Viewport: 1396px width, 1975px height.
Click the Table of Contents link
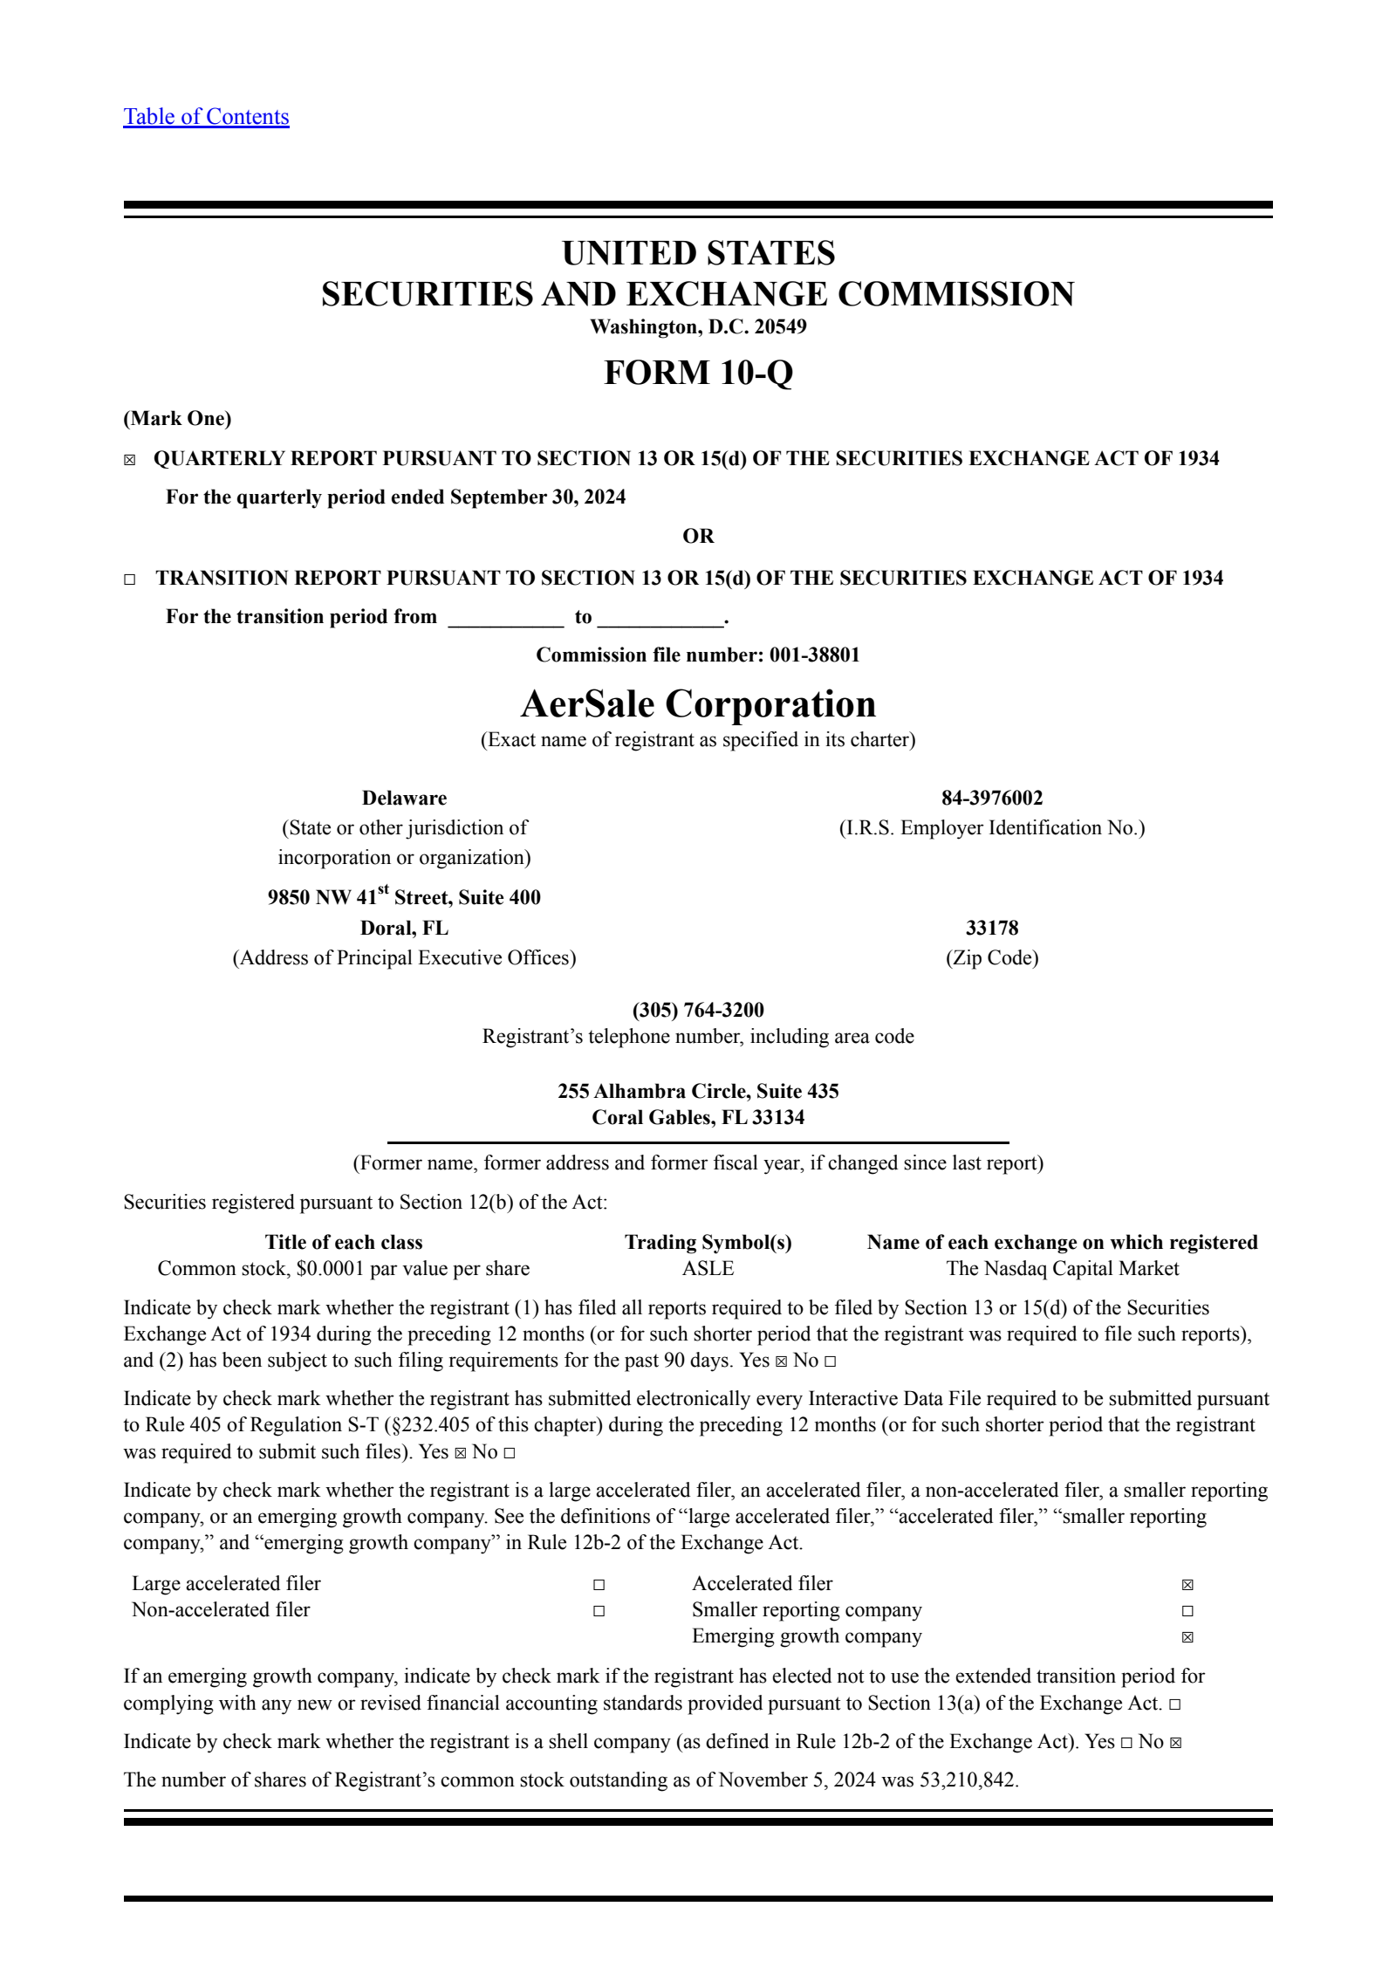pos(206,117)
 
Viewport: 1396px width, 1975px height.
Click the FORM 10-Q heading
pos(698,373)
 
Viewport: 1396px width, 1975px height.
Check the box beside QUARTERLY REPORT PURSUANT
pos(130,461)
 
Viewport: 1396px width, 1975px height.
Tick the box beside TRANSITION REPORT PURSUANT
pos(130,579)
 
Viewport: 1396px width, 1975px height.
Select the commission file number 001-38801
pos(814,655)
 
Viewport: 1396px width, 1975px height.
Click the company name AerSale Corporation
pos(698,704)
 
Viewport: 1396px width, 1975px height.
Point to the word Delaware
pos(404,798)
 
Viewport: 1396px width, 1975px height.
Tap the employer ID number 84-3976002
pos(991,798)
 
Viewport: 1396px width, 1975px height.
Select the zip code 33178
pos(991,928)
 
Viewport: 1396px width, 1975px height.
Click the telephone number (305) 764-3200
pos(698,1010)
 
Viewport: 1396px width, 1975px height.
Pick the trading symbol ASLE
pos(708,1268)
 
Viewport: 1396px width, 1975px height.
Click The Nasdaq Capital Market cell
pos(1062,1268)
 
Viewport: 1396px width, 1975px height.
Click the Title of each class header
pos(344,1242)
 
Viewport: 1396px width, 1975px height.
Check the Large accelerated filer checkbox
pos(599,1585)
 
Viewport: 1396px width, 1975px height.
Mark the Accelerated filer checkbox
pos(1187,1585)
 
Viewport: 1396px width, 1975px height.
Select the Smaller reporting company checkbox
pos(1187,1611)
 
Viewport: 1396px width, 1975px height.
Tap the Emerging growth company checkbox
pos(1187,1637)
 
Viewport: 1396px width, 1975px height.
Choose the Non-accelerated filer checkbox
pos(599,1611)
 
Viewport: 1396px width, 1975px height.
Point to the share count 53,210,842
pos(968,1780)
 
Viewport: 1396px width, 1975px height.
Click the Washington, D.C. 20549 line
pos(698,327)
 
